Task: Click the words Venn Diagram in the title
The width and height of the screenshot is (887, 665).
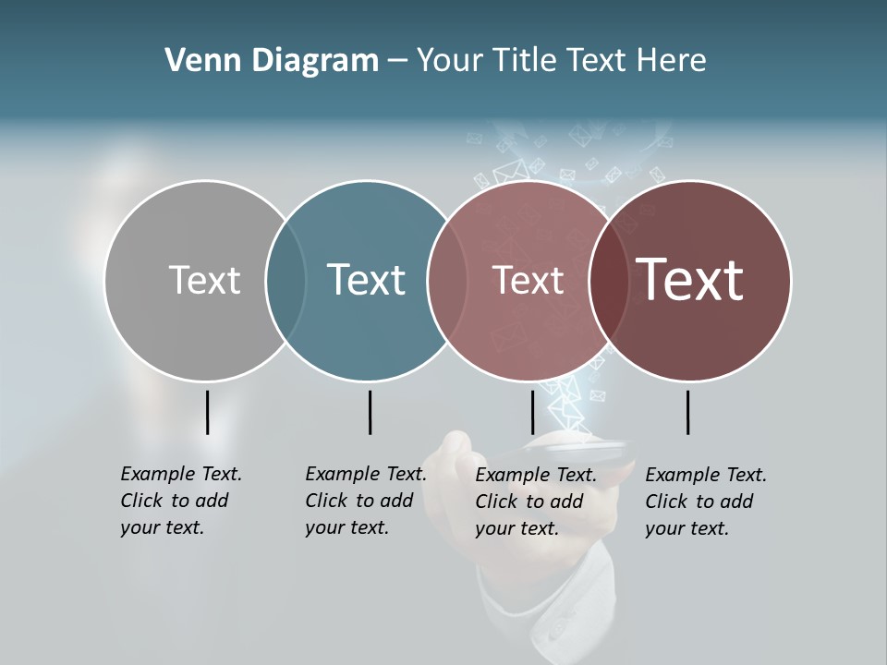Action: pyautogui.click(x=272, y=61)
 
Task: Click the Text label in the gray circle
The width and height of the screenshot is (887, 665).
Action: pyautogui.click(x=204, y=280)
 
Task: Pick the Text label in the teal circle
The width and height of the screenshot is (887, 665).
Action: pyautogui.click(x=366, y=280)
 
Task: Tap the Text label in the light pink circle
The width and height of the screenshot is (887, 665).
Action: pyautogui.click(x=528, y=281)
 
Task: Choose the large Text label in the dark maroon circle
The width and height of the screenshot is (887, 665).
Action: pyautogui.click(x=690, y=279)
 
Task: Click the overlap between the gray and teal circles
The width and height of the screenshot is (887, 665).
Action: pyautogui.click(x=286, y=281)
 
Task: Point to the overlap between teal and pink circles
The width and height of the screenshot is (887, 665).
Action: pyautogui.click(x=446, y=281)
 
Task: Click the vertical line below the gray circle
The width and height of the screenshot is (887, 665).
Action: pyautogui.click(x=208, y=412)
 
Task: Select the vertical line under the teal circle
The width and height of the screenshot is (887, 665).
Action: pyautogui.click(x=370, y=412)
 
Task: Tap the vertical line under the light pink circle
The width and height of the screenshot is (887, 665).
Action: pyautogui.click(x=532, y=412)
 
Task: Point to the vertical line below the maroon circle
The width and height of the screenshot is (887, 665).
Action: pyautogui.click(x=687, y=412)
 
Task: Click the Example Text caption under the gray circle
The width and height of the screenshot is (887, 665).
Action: pyautogui.click(x=181, y=501)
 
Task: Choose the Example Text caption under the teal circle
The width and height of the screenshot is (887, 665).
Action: pyautogui.click(x=366, y=501)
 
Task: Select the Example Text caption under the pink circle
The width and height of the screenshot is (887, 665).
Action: pyautogui.click(x=536, y=502)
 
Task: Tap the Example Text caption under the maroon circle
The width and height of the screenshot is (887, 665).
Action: pyautogui.click(x=706, y=502)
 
